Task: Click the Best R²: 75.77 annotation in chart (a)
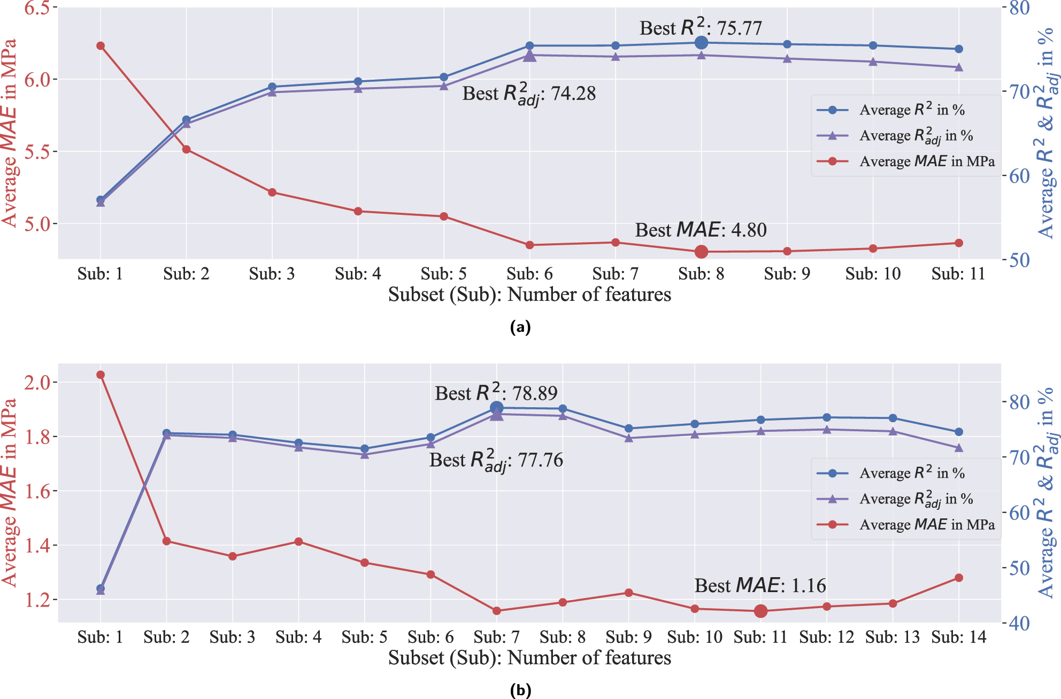tap(701, 28)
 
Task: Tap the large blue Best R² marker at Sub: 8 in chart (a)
tap(702, 43)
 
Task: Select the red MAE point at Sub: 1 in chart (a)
tap(101, 46)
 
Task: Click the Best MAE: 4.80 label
tap(701, 230)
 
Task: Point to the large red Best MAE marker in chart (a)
tap(702, 252)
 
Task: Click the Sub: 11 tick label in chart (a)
tap(958, 274)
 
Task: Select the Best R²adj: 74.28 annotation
tap(529, 94)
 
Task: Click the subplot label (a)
tap(520, 327)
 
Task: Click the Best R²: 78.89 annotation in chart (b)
tap(496, 393)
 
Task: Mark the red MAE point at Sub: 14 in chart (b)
tap(959, 578)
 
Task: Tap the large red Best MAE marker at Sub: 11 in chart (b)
tap(761, 611)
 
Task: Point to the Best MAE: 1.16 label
tap(760, 586)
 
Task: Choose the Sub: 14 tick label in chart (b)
tap(958, 637)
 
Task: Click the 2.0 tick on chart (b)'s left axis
tap(37, 383)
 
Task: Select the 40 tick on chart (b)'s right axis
tap(1019, 623)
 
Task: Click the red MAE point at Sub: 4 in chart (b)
tap(299, 542)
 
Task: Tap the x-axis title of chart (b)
tap(529, 658)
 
